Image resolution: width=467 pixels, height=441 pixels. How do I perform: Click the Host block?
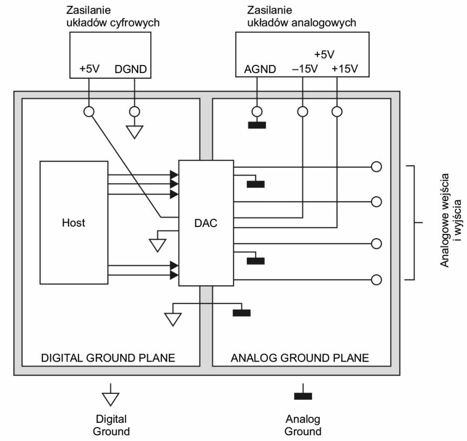point(74,222)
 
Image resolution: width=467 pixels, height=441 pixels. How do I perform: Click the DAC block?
point(206,223)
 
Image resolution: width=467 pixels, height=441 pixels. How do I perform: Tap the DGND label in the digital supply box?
point(130,69)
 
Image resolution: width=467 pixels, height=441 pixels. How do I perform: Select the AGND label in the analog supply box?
point(260,69)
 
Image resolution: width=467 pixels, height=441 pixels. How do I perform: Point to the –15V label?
point(305,69)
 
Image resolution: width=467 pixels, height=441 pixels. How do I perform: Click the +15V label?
point(345,69)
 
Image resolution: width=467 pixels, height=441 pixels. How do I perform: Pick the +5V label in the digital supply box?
point(89,69)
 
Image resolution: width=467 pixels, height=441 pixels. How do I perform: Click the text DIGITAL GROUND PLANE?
point(108,358)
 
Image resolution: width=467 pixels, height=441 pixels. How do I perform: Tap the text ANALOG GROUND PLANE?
point(300,358)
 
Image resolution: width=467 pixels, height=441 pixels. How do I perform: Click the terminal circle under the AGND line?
point(257,112)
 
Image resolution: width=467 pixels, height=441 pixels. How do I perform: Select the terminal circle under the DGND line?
point(135,112)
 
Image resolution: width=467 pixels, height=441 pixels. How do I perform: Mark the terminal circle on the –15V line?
point(302,112)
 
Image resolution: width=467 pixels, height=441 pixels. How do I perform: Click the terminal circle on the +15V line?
point(337,112)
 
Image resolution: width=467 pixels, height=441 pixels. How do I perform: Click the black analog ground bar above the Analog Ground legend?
point(303,396)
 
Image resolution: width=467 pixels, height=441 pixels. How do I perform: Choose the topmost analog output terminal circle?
point(376,167)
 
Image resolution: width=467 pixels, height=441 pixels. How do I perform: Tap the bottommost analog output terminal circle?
point(376,279)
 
